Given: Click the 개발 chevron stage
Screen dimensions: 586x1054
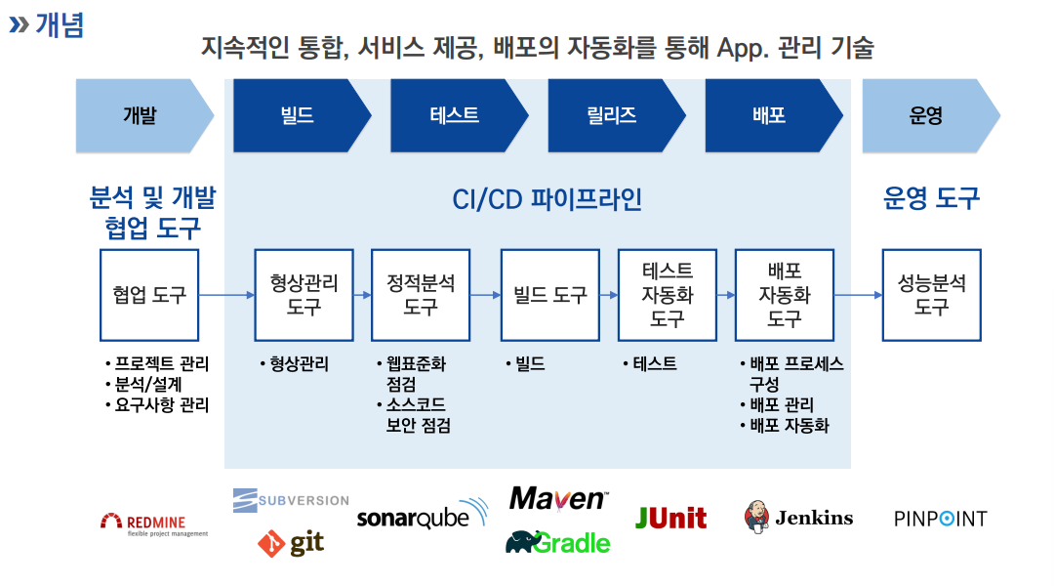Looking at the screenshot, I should (x=142, y=115).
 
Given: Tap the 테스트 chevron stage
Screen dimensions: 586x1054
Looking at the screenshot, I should (x=457, y=115).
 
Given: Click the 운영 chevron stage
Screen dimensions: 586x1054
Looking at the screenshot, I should (x=928, y=115).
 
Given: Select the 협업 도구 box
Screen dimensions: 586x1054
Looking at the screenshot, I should (x=149, y=294).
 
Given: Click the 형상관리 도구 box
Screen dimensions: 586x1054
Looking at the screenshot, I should (x=304, y=294).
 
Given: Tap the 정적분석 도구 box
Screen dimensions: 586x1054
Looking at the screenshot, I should (x=421, y=294).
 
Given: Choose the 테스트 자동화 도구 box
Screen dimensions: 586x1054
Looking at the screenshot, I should (x=668, y=294).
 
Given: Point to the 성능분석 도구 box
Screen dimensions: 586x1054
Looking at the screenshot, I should (x=931, y=294).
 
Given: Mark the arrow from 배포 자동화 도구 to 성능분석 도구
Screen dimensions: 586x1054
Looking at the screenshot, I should (x=858, y=294).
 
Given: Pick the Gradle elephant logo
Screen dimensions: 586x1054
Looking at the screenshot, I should (x=557, y=542).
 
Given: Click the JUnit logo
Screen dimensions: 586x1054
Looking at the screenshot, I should (x=671, y=517).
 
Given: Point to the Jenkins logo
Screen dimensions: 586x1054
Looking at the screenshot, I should (x=798, y=517).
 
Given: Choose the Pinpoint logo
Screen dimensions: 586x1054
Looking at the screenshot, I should (x=940, y=518).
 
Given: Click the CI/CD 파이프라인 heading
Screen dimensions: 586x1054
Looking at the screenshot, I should (x=547, y=199).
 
